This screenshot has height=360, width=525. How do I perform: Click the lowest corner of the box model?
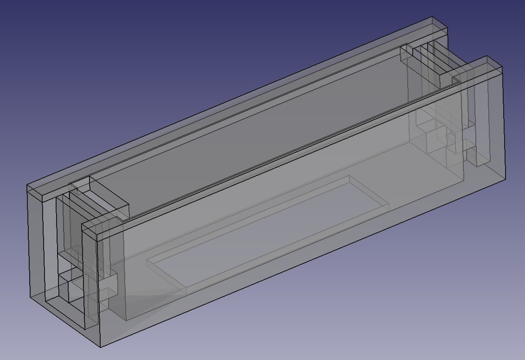100,347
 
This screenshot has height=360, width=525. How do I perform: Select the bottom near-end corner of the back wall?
31,296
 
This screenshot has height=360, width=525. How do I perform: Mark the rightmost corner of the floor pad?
389,206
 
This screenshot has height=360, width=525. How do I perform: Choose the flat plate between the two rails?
256,128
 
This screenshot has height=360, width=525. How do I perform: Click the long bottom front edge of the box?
302,262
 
